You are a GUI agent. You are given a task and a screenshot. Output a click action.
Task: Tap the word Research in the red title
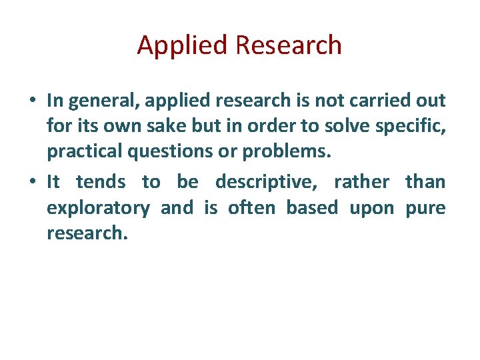coord(289,45)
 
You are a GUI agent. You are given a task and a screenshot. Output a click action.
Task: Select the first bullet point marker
coord(32,101)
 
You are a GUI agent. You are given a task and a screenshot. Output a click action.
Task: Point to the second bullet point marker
coord(32,181)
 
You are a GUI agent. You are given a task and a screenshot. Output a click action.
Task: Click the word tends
coord(101,181)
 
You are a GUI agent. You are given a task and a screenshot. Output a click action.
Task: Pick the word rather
coord(361,181)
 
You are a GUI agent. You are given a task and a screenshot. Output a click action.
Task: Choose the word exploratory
coord(98,208)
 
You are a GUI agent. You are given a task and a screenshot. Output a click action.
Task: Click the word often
coord(251,207)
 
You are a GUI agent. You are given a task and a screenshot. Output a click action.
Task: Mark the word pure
coord(425,208)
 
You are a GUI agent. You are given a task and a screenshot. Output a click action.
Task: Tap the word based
coord(312,207)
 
